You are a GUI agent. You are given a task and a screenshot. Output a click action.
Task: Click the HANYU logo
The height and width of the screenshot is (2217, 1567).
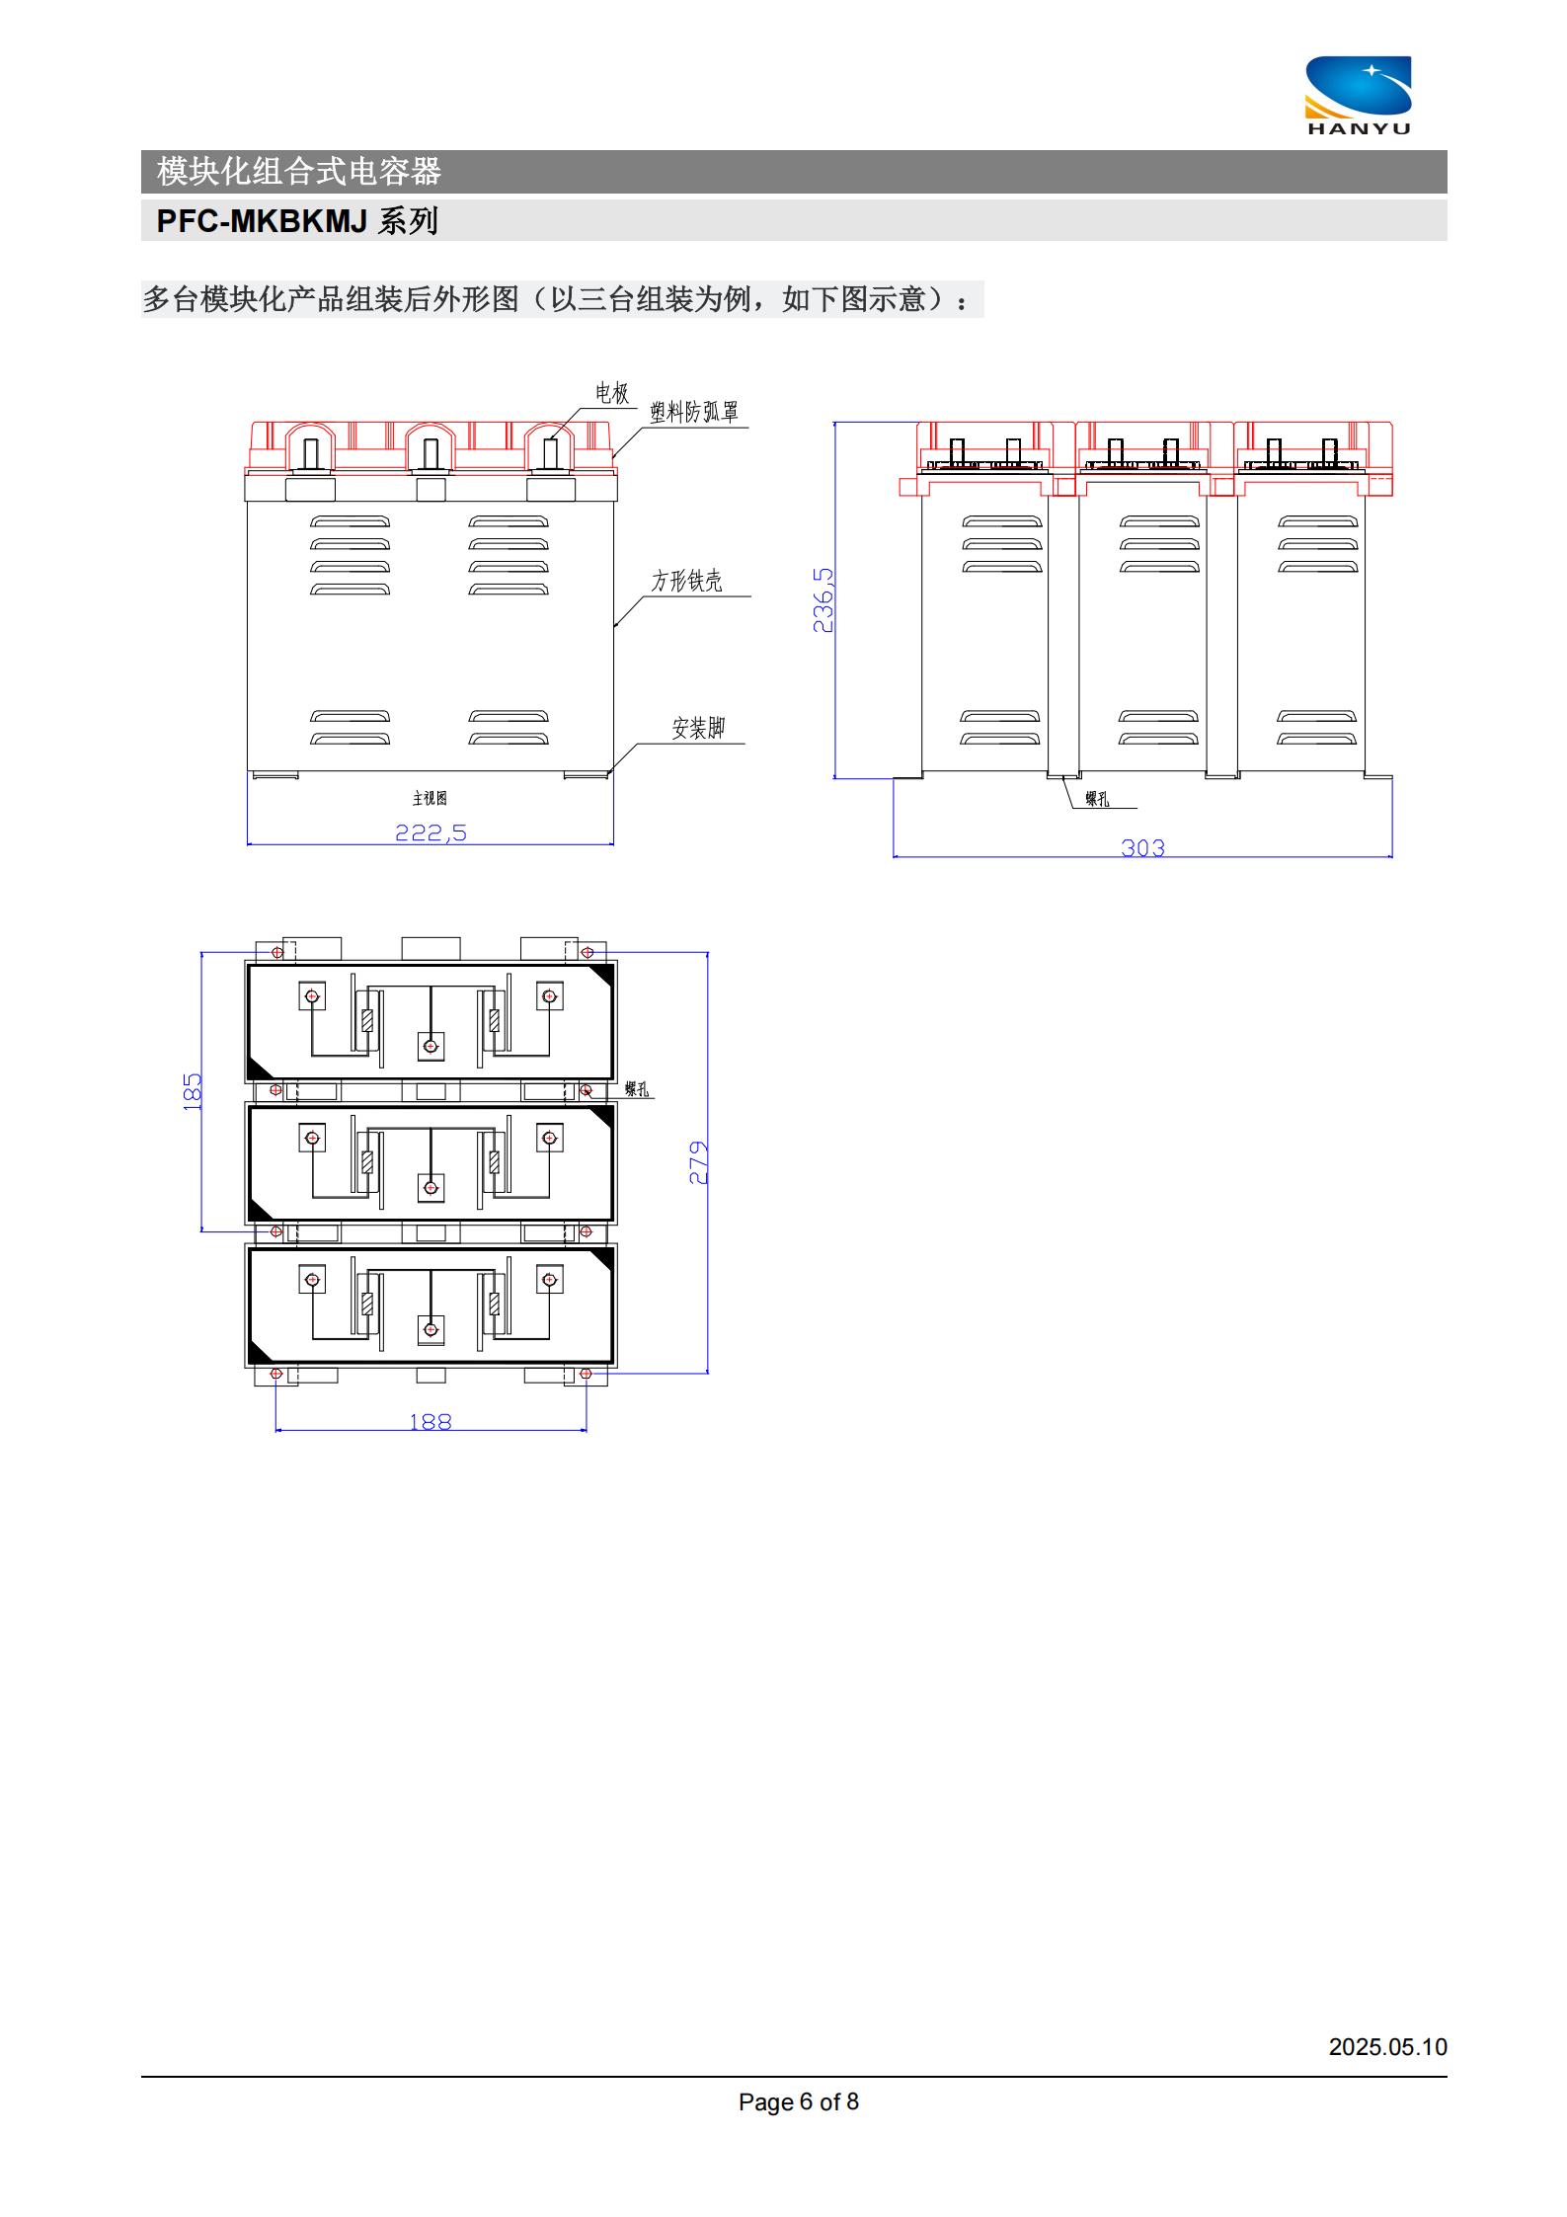(x=1359, y=95)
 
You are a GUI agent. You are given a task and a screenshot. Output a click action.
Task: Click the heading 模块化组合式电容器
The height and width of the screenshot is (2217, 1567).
(x=299, y=172)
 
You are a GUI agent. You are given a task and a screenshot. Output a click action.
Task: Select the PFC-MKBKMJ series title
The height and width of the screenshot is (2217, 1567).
(x=297, y=220)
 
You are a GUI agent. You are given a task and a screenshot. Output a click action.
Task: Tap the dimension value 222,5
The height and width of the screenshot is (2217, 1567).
(x=431, y=832)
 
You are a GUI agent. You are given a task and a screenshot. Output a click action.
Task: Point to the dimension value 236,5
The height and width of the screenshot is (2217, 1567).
(x=823, y=599)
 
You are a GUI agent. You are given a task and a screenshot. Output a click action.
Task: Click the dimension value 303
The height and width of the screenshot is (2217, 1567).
(x=1142, y=847)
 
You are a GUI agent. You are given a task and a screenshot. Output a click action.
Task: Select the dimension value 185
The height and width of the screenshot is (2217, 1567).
(x=193, y=1091)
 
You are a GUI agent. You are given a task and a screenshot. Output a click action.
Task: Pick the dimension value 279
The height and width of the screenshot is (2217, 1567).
(x=698, y=1162)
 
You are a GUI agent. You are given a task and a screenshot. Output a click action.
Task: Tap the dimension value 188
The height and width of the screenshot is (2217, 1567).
(x=431, y=1421)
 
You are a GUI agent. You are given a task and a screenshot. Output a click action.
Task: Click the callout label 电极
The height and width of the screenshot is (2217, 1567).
(x=611, y=393)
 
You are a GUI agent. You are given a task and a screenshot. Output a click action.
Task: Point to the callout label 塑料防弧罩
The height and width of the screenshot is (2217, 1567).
(x=694, y=412)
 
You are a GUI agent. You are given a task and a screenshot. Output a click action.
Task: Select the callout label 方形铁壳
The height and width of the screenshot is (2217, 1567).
(x=686, y=581)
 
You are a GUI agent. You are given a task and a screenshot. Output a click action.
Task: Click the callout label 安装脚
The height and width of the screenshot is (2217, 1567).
(x=698, y=728)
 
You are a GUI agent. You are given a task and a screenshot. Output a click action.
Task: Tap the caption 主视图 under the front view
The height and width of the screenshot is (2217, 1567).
(x=430, y=798)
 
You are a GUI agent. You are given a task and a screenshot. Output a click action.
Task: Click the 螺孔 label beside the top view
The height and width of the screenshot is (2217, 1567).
(x=637, y=1089)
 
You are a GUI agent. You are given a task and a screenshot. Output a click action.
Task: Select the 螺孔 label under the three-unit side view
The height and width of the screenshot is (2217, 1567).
(x=1097, y=799)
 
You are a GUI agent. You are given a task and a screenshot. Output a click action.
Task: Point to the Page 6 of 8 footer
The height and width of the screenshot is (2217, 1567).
(x=799, y=2101)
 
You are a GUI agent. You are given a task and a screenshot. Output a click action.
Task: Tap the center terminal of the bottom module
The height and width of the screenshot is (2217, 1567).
(x=431, y=1329)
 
